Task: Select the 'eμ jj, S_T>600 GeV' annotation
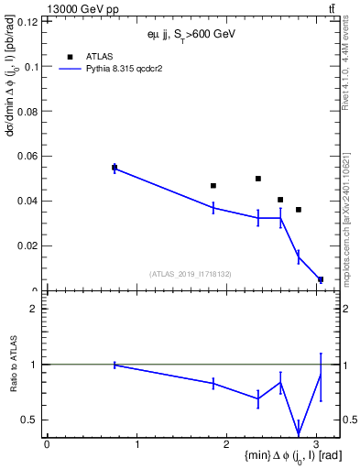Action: pos(191,34)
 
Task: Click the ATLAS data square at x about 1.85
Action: pos(213,186)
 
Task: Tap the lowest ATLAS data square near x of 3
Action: pos(320,279)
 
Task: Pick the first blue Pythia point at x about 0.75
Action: pos(115,169)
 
